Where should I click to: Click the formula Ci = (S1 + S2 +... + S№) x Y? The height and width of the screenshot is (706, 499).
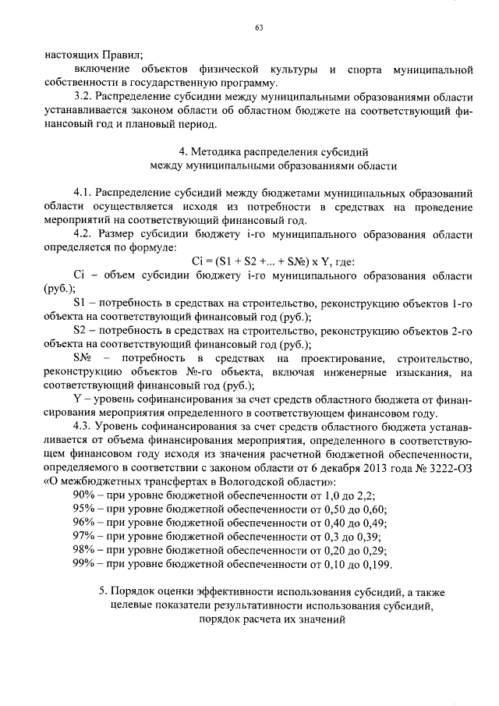[263, 261]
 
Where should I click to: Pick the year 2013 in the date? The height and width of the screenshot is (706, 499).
[364, 467]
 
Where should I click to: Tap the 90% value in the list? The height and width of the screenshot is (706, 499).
[84, 495]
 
